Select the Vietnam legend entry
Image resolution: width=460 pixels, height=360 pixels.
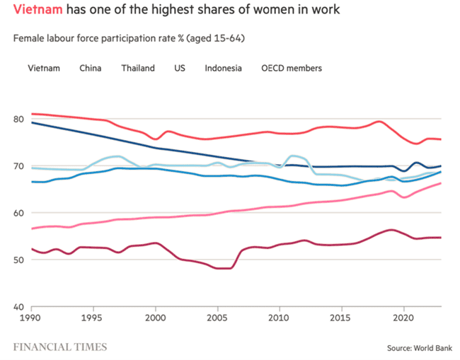pyautogui.click(x=43, y=69)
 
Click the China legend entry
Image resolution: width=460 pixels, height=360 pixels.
pyautogui.click(x=91, y=69)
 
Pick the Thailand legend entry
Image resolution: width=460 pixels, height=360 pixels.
pyautogui.click(x=138, y=69)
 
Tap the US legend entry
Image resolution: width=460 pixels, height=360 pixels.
pyautogui.click(x=180, y=69)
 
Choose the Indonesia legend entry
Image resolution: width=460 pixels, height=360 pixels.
pyautogui.click(x=223, y=69)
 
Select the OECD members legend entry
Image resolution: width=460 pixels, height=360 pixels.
pyautogui.click(x=292, y=69)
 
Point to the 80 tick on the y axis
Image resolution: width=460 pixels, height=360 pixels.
pyautogui.click(x=19, y=119)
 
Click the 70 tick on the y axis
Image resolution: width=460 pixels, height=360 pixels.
pyautogui.click(x=19, y=166)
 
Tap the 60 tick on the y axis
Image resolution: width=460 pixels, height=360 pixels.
pyautogui.click(x=19, y=213)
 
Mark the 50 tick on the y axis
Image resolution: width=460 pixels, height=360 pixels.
pyautogui.click(x=19, y=260)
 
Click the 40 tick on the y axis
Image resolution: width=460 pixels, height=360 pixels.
pyautogui.click(x=19, y=307)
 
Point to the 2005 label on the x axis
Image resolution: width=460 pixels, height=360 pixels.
pyautogui.click(x=218, y=319)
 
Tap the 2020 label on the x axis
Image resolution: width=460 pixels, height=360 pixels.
pyautogui.click(x=404, y=319)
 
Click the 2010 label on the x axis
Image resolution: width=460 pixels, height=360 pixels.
pyautogui.click(x=280, y=319)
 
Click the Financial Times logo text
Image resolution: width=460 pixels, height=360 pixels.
pyautogui.click(x=60, y=347)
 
